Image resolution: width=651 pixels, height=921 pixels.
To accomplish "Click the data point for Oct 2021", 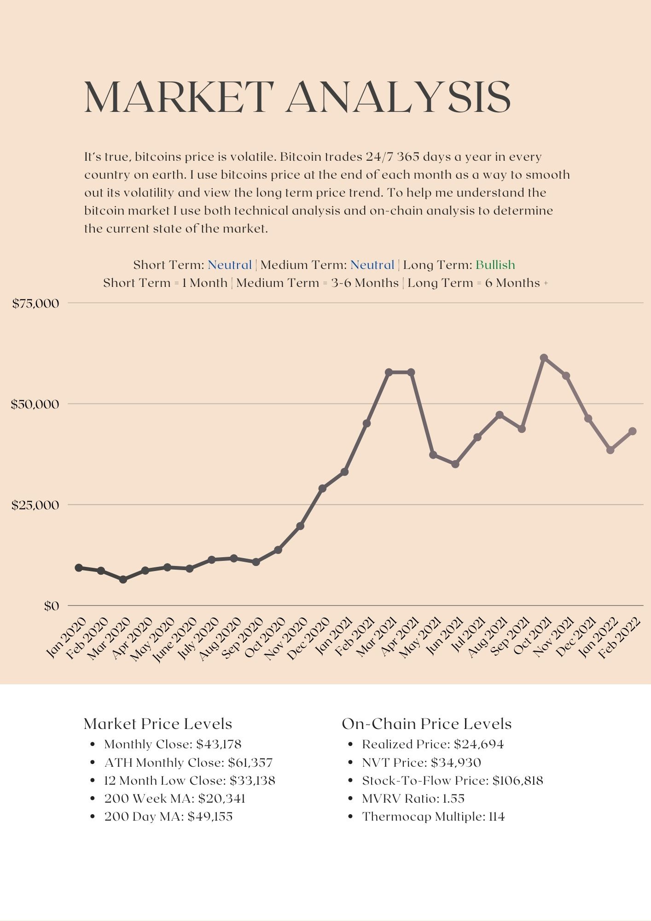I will tap(544, 358).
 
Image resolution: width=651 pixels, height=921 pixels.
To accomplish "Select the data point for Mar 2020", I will tap(123, 579).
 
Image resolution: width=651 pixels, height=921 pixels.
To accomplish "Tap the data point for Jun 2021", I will tap(455, 464).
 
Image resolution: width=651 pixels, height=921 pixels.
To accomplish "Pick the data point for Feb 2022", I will tap(633, 431).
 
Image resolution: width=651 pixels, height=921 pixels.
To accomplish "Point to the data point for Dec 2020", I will tap(322, 489).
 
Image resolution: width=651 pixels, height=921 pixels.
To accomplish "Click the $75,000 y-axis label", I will tap(36, 303).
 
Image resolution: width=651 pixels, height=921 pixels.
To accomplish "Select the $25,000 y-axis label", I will tap(36, 505).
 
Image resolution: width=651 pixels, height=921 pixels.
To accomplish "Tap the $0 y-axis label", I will tap(52, 606).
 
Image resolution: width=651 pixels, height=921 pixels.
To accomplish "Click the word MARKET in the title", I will tap(179, 97).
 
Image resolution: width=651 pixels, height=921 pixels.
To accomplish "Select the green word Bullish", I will tap(495, 265).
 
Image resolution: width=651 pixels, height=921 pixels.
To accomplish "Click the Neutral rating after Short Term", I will tap(230, 265).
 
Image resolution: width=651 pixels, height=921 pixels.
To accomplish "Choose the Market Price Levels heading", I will tap(158, 724).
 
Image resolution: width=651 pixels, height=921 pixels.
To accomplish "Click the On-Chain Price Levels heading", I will tap(426, 724).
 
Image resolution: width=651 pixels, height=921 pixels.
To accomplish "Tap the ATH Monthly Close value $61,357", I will tap(250, 763).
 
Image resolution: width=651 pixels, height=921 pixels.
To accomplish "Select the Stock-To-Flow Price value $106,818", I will tap(518, 781).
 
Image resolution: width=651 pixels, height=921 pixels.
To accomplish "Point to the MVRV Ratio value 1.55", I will tap(453, 799).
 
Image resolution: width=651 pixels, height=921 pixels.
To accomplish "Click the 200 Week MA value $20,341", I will tap(222, 799).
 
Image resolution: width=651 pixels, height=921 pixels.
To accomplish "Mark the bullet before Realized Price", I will tap(351, 745).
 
